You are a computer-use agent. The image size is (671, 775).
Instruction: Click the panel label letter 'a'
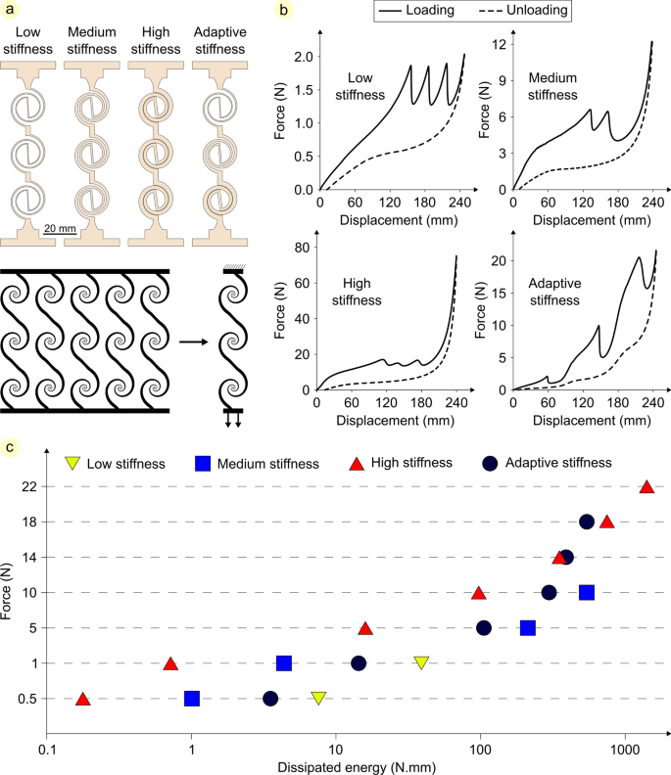(x=10, y=11)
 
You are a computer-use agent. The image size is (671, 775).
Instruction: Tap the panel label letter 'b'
(x=283, y=11)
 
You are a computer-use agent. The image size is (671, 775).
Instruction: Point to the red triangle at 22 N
(x=647, y=486)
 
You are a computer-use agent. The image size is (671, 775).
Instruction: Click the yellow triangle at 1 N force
(x=421, y=662)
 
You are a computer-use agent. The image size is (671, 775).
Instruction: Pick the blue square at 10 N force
(x=587, y=592)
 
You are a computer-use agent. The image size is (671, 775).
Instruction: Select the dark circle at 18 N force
(x=587, y=522)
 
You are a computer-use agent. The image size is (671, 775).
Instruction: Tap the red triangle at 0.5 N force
(x=83, y=699)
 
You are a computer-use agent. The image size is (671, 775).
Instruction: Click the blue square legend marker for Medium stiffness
(x=204, y=462)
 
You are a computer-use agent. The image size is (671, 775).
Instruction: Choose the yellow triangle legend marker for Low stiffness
(x=72, y=462)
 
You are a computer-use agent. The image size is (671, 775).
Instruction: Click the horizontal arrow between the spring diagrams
(x=192, y=342)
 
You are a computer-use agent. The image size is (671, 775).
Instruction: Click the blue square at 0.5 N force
(x=192, y=699)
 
